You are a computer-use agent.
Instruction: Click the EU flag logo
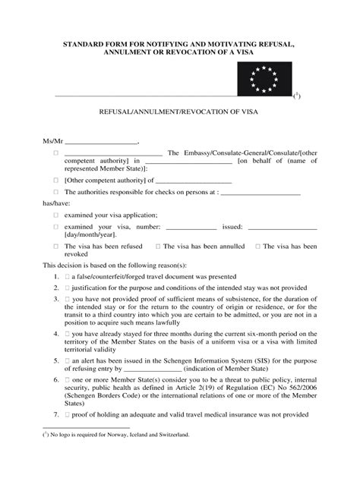[265, 79]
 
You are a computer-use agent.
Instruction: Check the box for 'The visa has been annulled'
[157, 247]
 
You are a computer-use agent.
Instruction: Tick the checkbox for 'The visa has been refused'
[55, 247]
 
